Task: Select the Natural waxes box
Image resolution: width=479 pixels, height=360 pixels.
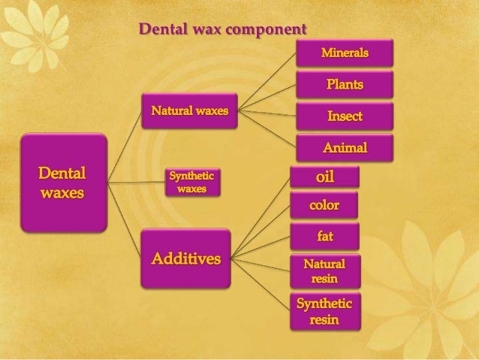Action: tap(191, 113)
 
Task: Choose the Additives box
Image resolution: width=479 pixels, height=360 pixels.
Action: tap(186, 260)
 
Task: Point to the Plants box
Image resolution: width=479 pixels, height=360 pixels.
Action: tap(345, 84)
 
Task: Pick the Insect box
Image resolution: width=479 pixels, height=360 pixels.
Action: tap(345, 116)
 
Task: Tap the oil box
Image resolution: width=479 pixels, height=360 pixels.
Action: tap(324, 177)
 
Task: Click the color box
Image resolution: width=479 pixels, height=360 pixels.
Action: tap(324, 205)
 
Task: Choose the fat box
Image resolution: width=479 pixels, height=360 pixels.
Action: tap(324, 236)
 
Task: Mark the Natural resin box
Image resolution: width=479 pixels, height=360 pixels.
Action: tap(324, 271)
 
